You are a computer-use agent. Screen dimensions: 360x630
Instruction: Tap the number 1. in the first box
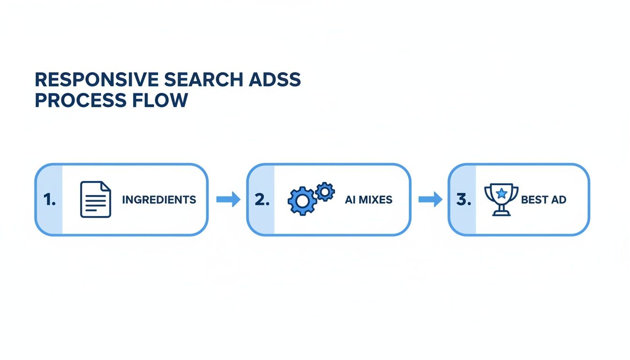click(49, 200)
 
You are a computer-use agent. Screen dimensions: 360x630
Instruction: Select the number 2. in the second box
click(262, 200)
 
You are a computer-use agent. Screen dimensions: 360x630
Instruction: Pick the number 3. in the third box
click(463, 200)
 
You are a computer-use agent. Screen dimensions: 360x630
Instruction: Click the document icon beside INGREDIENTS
click(96, 200)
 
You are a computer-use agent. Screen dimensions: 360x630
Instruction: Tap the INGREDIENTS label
click(159, 200)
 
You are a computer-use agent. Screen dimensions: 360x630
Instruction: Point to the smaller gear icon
click(325, 191)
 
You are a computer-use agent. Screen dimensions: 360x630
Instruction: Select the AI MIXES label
click(368, 200)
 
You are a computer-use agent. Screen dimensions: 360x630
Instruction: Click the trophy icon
click(501, 199)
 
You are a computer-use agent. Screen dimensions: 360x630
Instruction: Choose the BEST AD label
click(544, 200)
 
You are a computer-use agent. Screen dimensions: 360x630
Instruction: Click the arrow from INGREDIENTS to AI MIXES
click(228, 200)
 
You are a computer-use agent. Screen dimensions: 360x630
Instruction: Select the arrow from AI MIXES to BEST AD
click(430, 200)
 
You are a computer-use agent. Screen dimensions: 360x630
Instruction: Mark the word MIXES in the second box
click(375, 200)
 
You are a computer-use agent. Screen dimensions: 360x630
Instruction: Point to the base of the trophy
click(501, 213)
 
